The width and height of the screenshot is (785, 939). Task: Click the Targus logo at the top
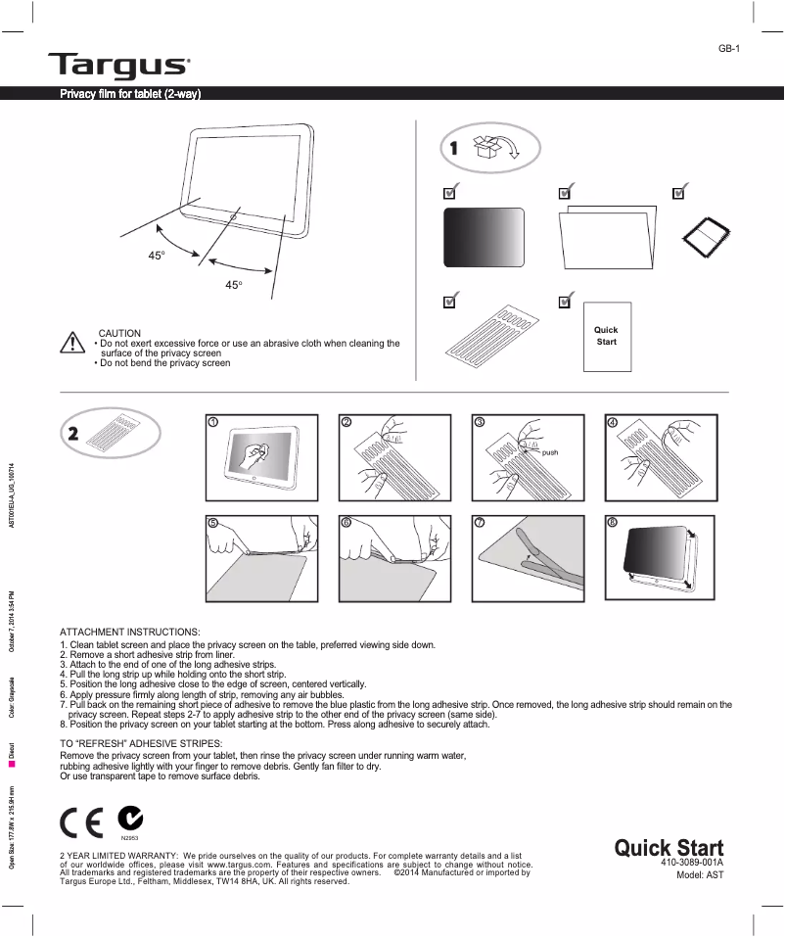(x=118, y=66)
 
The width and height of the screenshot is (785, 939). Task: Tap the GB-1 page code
(x=729, y=48)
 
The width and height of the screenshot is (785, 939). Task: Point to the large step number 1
(x=453, y=149)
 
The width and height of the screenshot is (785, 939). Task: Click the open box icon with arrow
(x=496, y=148)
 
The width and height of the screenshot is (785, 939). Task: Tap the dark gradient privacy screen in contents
(x=485, y=237)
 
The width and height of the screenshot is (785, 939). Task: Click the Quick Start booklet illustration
(x=607, y=335)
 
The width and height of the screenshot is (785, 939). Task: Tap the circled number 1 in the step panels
(x=212, y=422)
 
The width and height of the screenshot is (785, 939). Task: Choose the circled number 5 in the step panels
(x=212, y=523)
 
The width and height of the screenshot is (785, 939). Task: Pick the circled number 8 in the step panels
(x=612, y=523)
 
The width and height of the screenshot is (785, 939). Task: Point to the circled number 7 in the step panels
(x=479, y=523)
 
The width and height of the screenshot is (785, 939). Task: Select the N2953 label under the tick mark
(x=129, y=839)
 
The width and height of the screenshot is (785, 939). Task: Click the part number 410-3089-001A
(x=691, y=862)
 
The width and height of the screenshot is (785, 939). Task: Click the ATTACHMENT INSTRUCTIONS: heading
(x=130, y=632)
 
